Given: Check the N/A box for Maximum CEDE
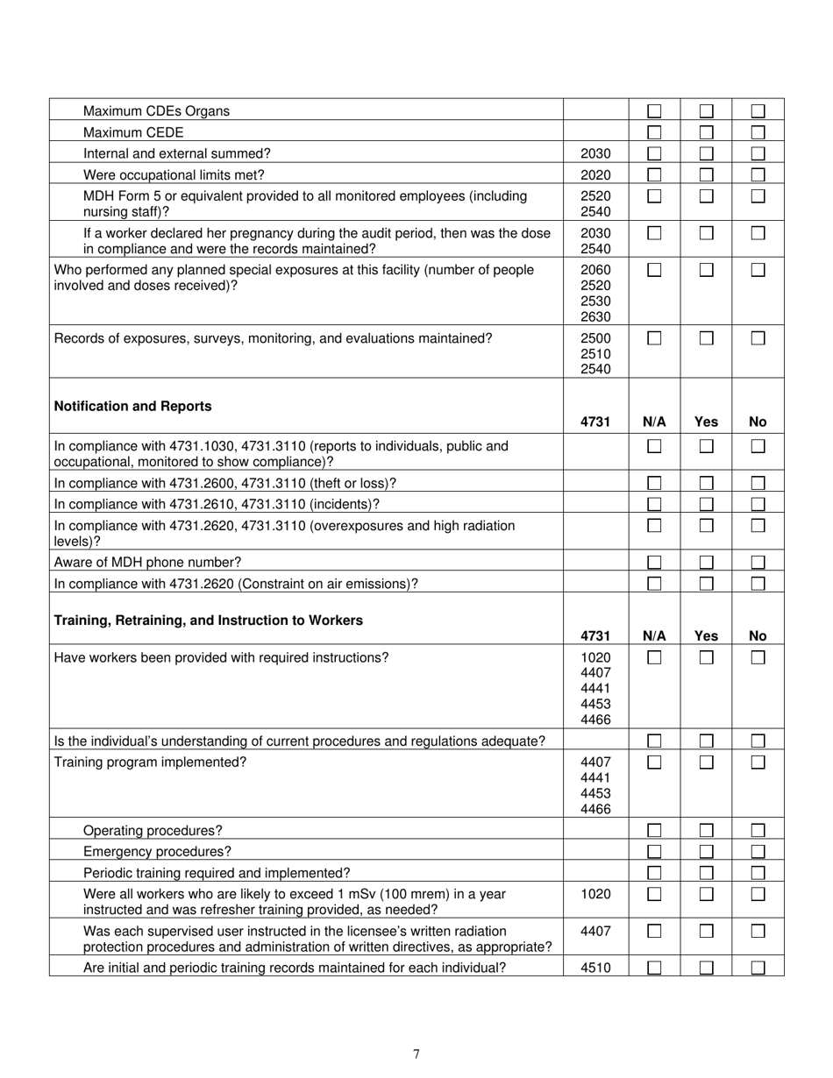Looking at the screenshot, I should (x=654, y=132).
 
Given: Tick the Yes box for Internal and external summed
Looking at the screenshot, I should (x=706, y=153).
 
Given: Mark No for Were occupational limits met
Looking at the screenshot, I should (x=758, y=174).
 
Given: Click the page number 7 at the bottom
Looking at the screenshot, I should (x=416, y=1054).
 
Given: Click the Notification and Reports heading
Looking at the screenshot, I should (x=132, y=407).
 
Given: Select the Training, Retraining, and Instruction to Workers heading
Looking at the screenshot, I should (x=208, y=621).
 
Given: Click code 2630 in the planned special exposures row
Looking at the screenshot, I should (x=595, y=317).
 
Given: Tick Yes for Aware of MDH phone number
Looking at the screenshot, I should (x=706, y=562).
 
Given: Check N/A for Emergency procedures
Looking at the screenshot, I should (x=654, y=852).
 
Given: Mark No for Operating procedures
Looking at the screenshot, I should (x=758, y=830).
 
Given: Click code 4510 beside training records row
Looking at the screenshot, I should (x=595, y=968).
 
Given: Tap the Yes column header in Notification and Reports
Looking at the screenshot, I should (x=706, y=422).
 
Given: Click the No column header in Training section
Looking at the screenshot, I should (x=758, y=636).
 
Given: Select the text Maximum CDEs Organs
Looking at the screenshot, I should (x=156, y=111).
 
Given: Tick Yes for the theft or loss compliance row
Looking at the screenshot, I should (x=706, y=483).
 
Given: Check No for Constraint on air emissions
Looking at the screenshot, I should (x=758, y=584).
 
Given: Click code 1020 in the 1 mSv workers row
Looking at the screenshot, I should (x=595, y=894).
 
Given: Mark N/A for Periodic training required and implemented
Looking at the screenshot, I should (x=654, y=873).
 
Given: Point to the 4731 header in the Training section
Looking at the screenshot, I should (x=595, y=636).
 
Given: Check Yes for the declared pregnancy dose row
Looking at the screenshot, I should (x=706, y=233).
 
